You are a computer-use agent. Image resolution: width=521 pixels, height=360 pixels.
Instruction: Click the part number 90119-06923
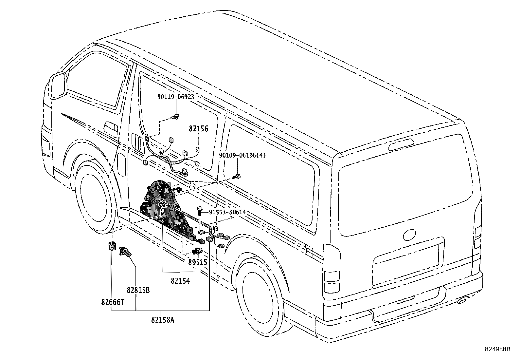pyautogui.click(x=176, y=97)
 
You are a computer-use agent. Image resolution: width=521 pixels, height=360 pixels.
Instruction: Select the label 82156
pyautogui.click(x=198, y=128)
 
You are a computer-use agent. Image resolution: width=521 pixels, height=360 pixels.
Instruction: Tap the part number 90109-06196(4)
pyautogui.click(x=242, y=155)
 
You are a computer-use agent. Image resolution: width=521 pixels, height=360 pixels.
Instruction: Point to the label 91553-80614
pyautogui.click(x=227, y=212)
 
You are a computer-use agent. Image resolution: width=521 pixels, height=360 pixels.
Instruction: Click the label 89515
pyautogui.click(x=197, y=262)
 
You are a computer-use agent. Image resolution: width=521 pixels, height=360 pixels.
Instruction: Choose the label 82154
pyautogui.click(x=180, y=281)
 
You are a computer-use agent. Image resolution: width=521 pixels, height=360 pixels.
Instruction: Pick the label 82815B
pyautogui.click(x=138, y=290)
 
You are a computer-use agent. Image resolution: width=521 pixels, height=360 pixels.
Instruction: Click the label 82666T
pyautogui.click(x=113, y=302)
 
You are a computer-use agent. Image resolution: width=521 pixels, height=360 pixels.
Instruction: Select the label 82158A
pyautogui.click(x=163, y=320)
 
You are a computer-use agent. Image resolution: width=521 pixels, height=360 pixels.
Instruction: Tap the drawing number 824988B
pyautogui.click(x=497, y=349)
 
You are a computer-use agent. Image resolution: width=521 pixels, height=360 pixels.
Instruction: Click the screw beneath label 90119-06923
pyautogui.click(x=176, y=117)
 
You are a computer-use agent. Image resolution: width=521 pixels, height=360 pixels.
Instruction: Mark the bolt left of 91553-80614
pyautogui.click(x=200, y=211)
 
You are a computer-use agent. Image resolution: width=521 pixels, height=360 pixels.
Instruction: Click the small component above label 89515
pyautogui.click(x=197, y=251)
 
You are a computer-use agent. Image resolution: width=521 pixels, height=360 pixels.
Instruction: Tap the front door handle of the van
pyautogui.click(x=111, y=127)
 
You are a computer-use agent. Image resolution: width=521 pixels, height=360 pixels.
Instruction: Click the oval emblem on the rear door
pyautogui.click(x=410, y=235)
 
